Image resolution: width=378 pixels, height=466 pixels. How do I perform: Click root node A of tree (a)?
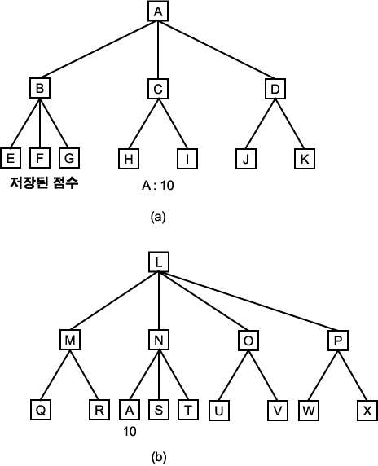[158, 11]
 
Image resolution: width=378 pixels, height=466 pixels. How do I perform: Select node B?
[40, 88]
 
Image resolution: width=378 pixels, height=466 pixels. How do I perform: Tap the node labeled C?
[158, 89]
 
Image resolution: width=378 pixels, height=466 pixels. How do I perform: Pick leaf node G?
[69, 158]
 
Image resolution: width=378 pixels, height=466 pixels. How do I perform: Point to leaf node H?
[129, 159]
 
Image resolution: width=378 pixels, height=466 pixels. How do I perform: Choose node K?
[305, 159]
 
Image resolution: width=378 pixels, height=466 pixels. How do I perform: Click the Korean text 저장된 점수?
[44, 182]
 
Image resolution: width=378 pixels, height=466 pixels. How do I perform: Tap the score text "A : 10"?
[158, 186]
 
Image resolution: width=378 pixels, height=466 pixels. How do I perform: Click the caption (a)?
[158, 217]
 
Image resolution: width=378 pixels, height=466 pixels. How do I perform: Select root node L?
[159, 262]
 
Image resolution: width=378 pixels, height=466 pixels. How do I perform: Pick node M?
[70, 340]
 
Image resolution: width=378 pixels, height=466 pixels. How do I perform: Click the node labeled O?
[248, 341]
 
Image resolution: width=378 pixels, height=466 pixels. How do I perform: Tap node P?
[338, 341]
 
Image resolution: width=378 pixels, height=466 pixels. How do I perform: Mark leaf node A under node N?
[130, 410]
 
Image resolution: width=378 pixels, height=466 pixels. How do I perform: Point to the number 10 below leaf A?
[130, 431]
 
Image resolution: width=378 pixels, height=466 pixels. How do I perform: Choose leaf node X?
[367, 411]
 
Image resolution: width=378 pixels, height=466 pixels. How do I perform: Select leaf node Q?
[41, 410]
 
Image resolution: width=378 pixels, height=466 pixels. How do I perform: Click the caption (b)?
[158, 457]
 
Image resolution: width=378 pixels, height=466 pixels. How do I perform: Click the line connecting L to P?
[248, 301]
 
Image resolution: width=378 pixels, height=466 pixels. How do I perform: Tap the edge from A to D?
[217, 50]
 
